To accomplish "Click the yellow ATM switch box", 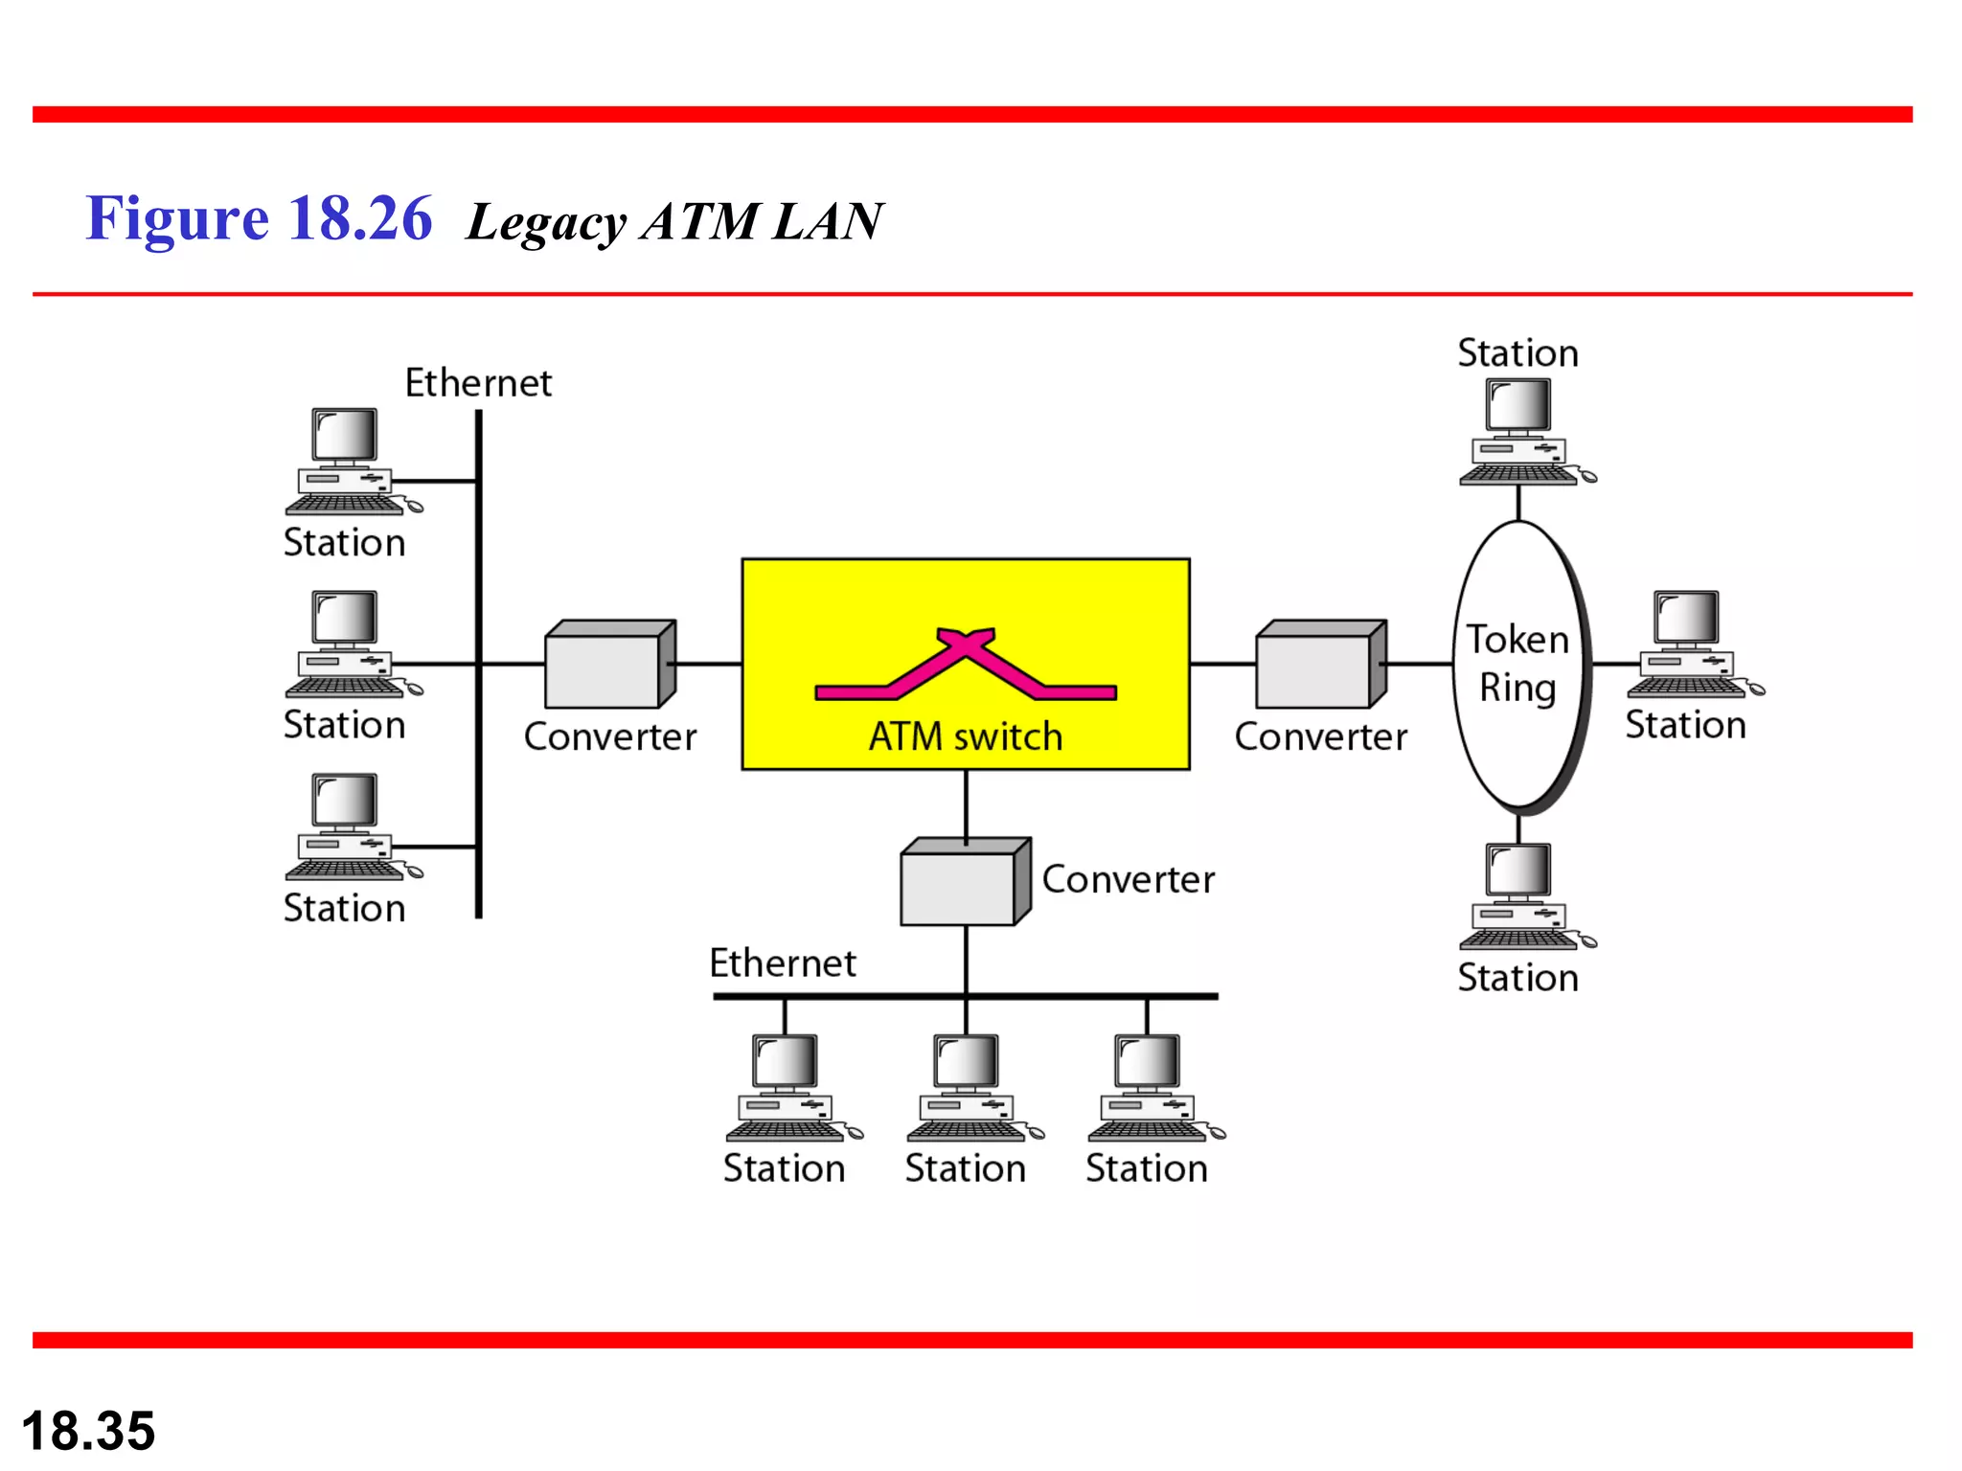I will click(x=966, y=594).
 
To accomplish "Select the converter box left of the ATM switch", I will click(x=609, y=665).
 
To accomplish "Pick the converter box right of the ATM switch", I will click(x=1320, y=665).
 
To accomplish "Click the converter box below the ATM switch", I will click(x=965, y=882).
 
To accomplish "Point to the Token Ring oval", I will click(x=1518, y=665).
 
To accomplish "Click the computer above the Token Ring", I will click(x=1523, y=431).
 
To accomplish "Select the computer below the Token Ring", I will click(x=1523, y=895).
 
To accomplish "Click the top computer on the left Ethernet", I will click(x=349, y=461).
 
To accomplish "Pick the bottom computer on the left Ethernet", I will click(x=349, y=826).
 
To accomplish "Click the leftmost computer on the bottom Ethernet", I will click(x=789, y=1087).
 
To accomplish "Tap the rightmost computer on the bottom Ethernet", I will click(x=1152, y=1087).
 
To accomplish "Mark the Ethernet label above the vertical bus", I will click(x=478, y=383).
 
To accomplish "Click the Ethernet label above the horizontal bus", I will click(x=782, y=962).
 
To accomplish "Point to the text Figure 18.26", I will click(x=259, y=218).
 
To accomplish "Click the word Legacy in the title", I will click(x=546, y=222).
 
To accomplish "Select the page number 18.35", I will click(x=88, y=1431).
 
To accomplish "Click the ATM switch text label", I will click(x=966, y=736).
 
